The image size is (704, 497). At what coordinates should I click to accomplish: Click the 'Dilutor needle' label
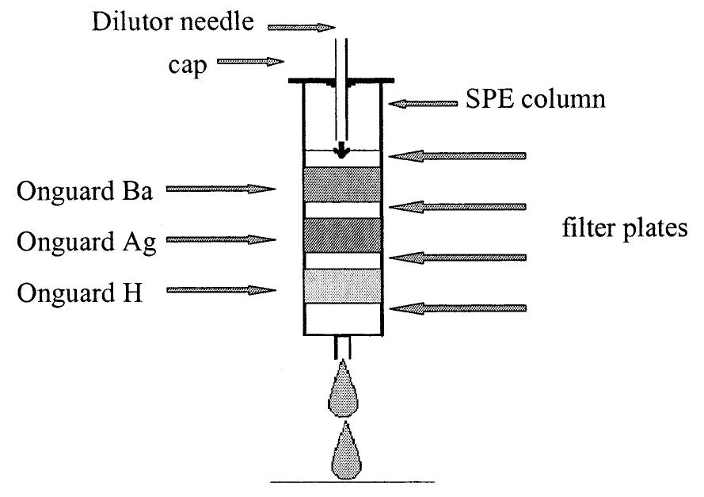tap(173, 21)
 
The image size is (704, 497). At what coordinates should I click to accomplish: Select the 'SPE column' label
tap(532, 100)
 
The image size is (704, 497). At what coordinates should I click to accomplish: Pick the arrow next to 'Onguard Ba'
tap(220, 189)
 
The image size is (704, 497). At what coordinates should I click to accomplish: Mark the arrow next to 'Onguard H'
tap(220, 290)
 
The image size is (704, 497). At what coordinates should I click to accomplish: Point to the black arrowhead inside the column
tap(343, 152)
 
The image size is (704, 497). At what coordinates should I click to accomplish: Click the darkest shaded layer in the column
tap(343, 235)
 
